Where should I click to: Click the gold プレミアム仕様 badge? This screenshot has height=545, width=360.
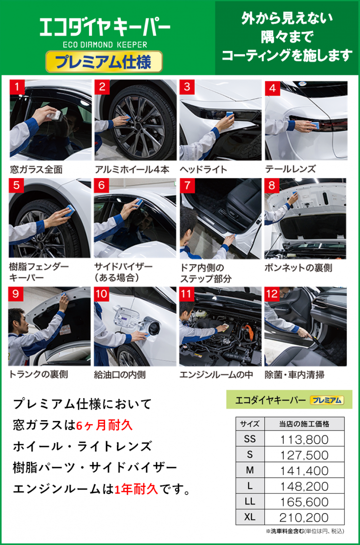tap(104, 62)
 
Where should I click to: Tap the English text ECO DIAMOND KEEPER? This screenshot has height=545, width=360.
tap(105, 45)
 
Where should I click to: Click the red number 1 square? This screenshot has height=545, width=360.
tap(17, 87)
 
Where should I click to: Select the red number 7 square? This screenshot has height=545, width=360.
tap(187, 186)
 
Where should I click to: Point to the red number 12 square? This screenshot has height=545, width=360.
tap(272, 294)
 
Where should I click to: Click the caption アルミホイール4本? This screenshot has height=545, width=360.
tap(132, 169)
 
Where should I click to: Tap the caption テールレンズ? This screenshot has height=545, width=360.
tap(290, 169)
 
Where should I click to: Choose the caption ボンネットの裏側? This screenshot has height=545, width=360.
tap(298, 268)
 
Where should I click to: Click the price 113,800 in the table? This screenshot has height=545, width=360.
tap(305, 440)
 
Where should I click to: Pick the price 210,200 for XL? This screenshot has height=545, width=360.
tap(304, 518)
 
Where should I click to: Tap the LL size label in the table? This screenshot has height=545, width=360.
tap(250, 502)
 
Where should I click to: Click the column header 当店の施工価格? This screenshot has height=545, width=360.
tap(304, 424)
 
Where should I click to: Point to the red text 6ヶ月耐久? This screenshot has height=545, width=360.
tap(104, 426)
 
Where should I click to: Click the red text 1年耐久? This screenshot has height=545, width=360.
tap(136, 489)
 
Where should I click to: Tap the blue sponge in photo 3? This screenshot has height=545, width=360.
tap(230, 115)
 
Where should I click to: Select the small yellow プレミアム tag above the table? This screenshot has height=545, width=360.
tap(327, 400)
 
